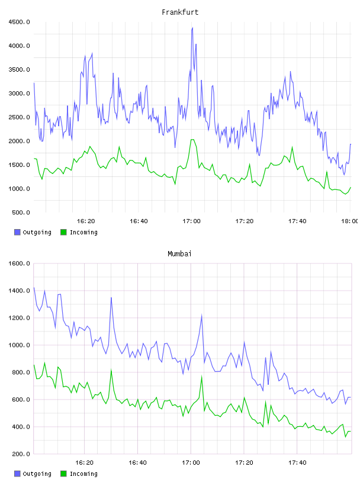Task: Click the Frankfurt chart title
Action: pos(180,12)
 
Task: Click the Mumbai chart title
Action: pos(179,254)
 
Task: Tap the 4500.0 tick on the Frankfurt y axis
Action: pos(19,22)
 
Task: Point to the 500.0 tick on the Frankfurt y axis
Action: pos(21,212)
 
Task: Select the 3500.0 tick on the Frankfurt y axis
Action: pos(19,70)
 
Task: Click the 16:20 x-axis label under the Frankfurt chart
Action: pos(86,221)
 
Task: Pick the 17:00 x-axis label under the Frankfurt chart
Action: pos(191,221)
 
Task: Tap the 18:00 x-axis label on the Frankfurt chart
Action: pos(350,221)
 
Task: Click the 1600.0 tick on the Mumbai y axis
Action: pos(19,263)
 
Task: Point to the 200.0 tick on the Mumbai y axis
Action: pos(21,454)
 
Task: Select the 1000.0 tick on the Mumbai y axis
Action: pos(19,345)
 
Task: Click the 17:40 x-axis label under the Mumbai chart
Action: pos(297,463)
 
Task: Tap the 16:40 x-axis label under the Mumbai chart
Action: pos(137,463)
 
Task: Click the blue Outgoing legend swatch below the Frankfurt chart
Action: pos(17,232)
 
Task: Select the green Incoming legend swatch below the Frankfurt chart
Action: pos(63,232)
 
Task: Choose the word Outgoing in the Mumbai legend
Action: pos(37,474)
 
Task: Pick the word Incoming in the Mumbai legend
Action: pos(83,474)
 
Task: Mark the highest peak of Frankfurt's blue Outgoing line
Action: pos(192,28)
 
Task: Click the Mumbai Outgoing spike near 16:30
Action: pos(111,298)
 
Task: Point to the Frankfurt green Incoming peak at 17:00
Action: pos(192,140)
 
